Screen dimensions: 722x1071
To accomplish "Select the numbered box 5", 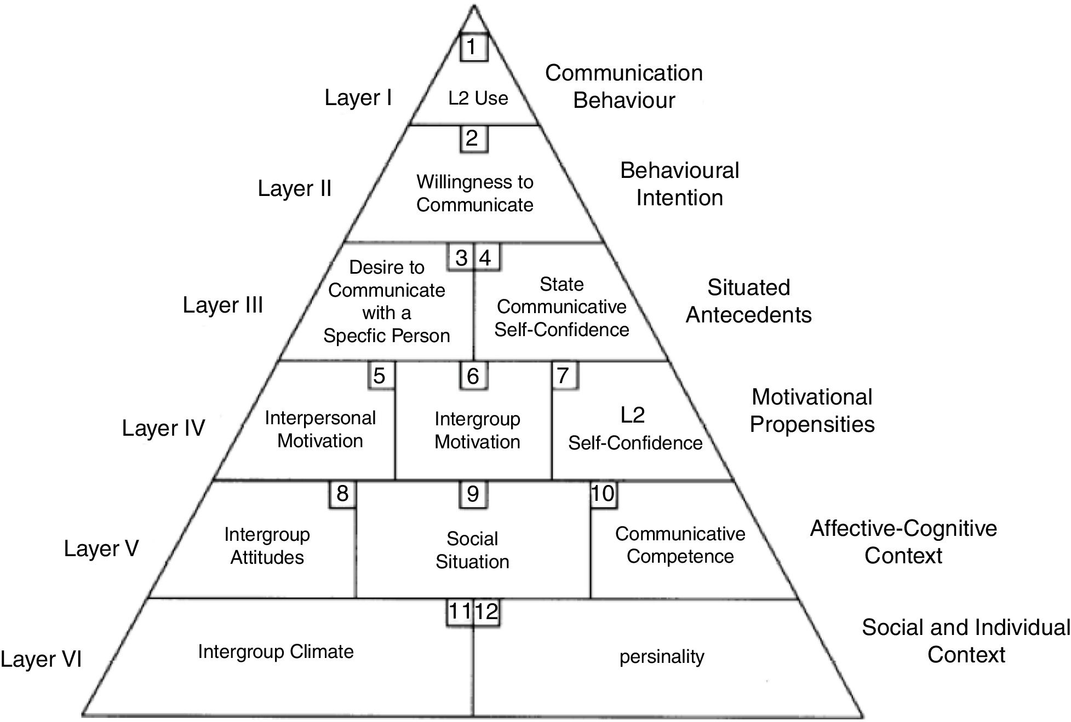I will pos(380,376).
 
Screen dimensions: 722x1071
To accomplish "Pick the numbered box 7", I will pos(564,376).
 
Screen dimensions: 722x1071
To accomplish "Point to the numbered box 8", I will pos(342,494).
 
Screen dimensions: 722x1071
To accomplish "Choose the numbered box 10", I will pos(603,494).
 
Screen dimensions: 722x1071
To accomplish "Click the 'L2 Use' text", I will pos(478,99).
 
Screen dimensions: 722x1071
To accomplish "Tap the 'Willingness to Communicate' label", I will pos(474,193).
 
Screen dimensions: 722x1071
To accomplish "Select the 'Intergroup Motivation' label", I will pos(477,430).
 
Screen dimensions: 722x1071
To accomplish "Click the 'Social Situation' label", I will pos(472,550).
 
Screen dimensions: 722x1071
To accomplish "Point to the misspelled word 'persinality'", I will pos(662,656).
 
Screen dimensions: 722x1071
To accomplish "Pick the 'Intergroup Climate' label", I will pos(276,651).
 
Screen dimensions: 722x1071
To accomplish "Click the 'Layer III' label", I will pos(223,305).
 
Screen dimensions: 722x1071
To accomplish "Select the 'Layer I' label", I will pos(358,97).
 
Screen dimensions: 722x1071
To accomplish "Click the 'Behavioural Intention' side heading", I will pos(679,184).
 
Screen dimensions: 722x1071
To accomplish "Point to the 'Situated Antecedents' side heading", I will pos(748,301).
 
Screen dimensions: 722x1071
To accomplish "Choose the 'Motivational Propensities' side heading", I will pos(812,411).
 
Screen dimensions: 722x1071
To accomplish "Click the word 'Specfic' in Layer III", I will pos(356,336).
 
